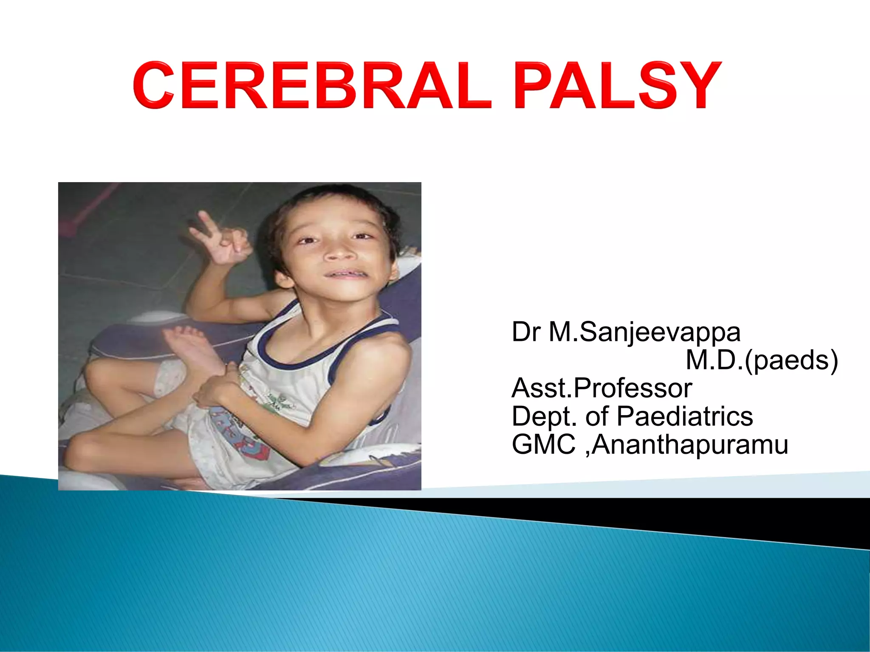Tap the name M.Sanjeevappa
(x=644, y=332)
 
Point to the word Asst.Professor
(x=602, y=388)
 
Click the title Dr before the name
(x=526, y=332)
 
